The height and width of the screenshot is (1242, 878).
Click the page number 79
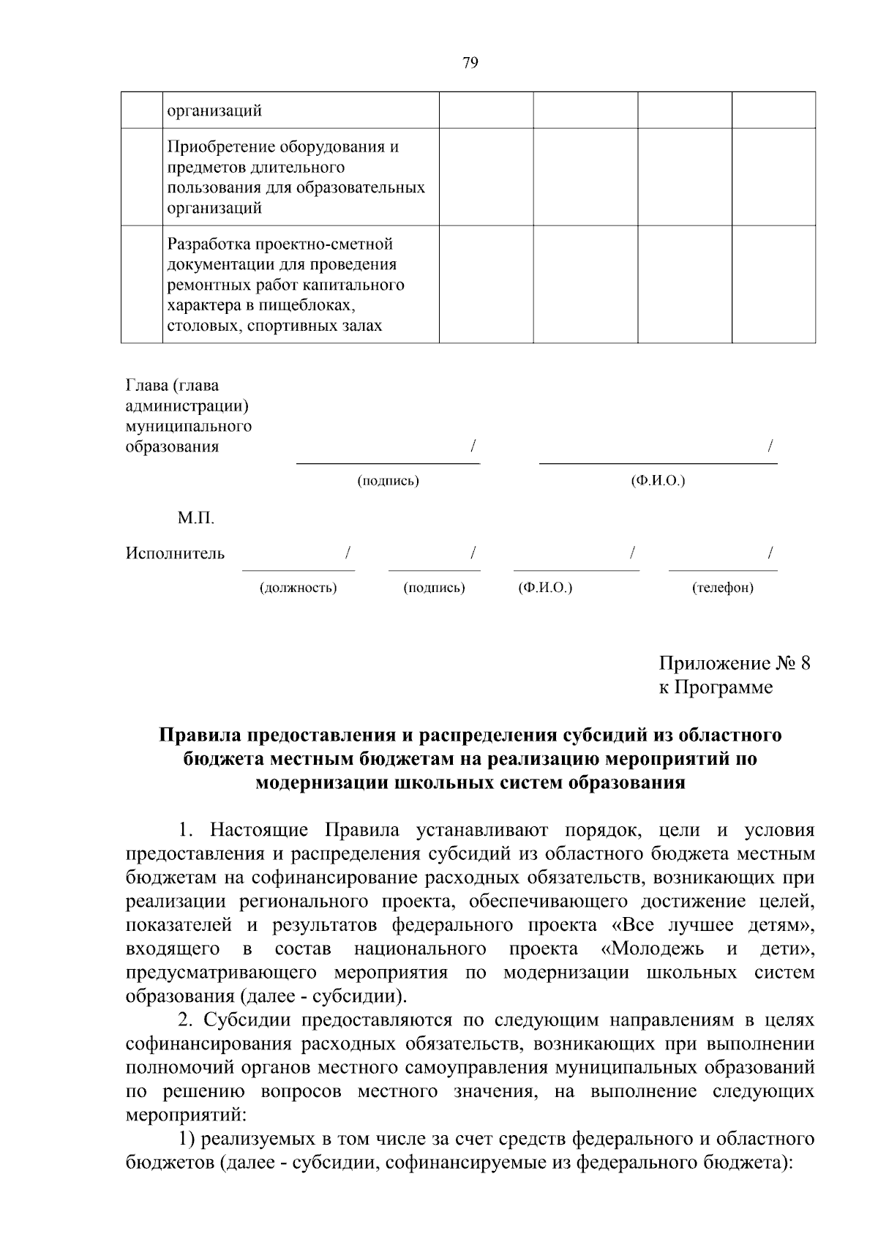[470, 63]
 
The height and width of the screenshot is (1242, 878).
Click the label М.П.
[195, 518]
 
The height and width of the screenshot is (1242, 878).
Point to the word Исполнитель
[175, 553]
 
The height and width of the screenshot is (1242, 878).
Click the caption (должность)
[298, 588]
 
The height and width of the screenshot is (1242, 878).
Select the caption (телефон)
[722, 588]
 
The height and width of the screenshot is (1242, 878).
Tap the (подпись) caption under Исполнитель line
[434, 588]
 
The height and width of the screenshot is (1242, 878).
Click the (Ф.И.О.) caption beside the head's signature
[657, 481]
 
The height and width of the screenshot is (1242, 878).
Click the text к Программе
[715, 687]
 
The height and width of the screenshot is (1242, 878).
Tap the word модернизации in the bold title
[321, 782]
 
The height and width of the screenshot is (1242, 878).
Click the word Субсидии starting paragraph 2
[245, 1020]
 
